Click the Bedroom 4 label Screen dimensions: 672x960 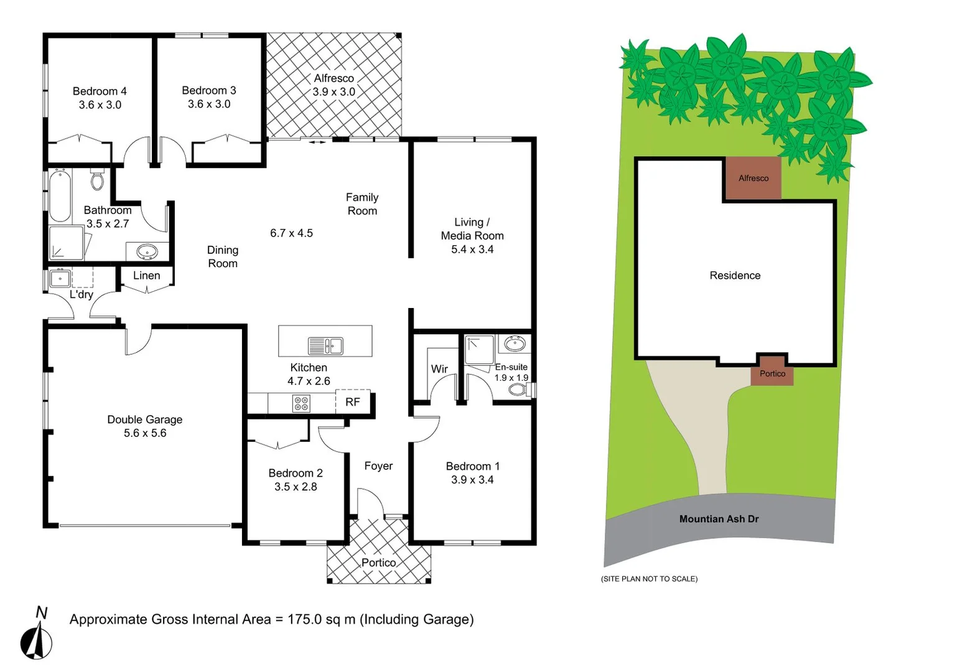(x=100, y=91)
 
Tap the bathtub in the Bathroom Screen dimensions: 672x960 (x=60, y=195)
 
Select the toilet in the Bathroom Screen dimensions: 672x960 (x=97, y=179)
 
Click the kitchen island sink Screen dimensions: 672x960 (x=325, y=345)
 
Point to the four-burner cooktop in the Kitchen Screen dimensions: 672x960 (x=301, y=403)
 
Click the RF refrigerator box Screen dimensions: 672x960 (x=353, y=402)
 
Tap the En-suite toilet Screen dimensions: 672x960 (x=517, y=390)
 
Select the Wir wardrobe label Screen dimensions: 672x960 (x=439, y=369)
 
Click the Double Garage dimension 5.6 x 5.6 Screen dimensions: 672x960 (x=145, y=433)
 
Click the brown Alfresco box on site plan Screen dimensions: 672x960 (x=753, y=179)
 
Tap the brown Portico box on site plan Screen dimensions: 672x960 (x=772, y=374)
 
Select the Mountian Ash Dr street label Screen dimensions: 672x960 (x=719, y=519)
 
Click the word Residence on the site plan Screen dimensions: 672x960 (x=735, y=276)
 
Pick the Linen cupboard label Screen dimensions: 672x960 (x=147, y=276)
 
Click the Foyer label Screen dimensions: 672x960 (x=378, y=466)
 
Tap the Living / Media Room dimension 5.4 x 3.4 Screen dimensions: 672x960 (x=472, y=250)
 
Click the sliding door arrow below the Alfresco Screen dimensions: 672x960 (x=317, y=142)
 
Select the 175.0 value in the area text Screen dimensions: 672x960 (x=304, y=619)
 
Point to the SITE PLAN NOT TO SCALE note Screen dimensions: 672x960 (x=649, y=579)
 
